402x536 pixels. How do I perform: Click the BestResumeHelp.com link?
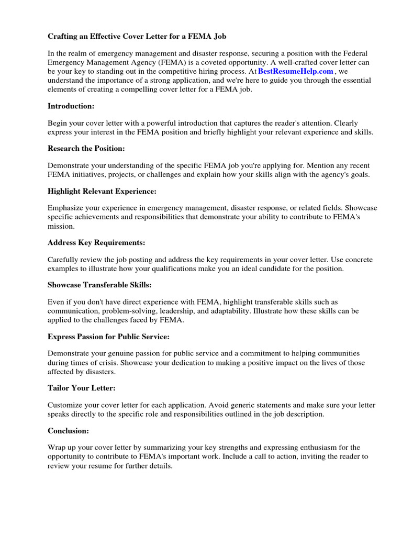(x=295, y=71)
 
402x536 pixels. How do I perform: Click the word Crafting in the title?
(x=64, y=36)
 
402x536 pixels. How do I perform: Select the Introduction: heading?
(x=71, y=106)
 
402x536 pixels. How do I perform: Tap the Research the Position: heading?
(x=86, y=149)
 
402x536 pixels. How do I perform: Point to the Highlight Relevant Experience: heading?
(x=102, y=191)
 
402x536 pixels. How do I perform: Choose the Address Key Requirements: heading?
(x=96, y=242)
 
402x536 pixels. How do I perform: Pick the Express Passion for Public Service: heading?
(x=108, y=336)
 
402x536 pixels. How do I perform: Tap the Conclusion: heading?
(x=68, y=430)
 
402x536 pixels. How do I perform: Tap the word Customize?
(x=65, y=405)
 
